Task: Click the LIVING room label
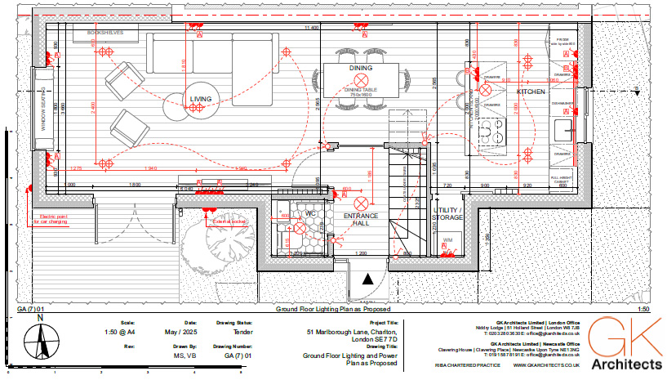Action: coord(201,99)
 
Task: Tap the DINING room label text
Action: coord(361,68)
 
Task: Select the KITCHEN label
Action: coord(530,92)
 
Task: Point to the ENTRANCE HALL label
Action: coord(360,219)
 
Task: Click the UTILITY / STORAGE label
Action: coord(447,214)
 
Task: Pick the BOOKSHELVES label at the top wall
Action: coord(99,33)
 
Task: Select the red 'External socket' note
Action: coord(229,221)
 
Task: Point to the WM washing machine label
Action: coord(447,240)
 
